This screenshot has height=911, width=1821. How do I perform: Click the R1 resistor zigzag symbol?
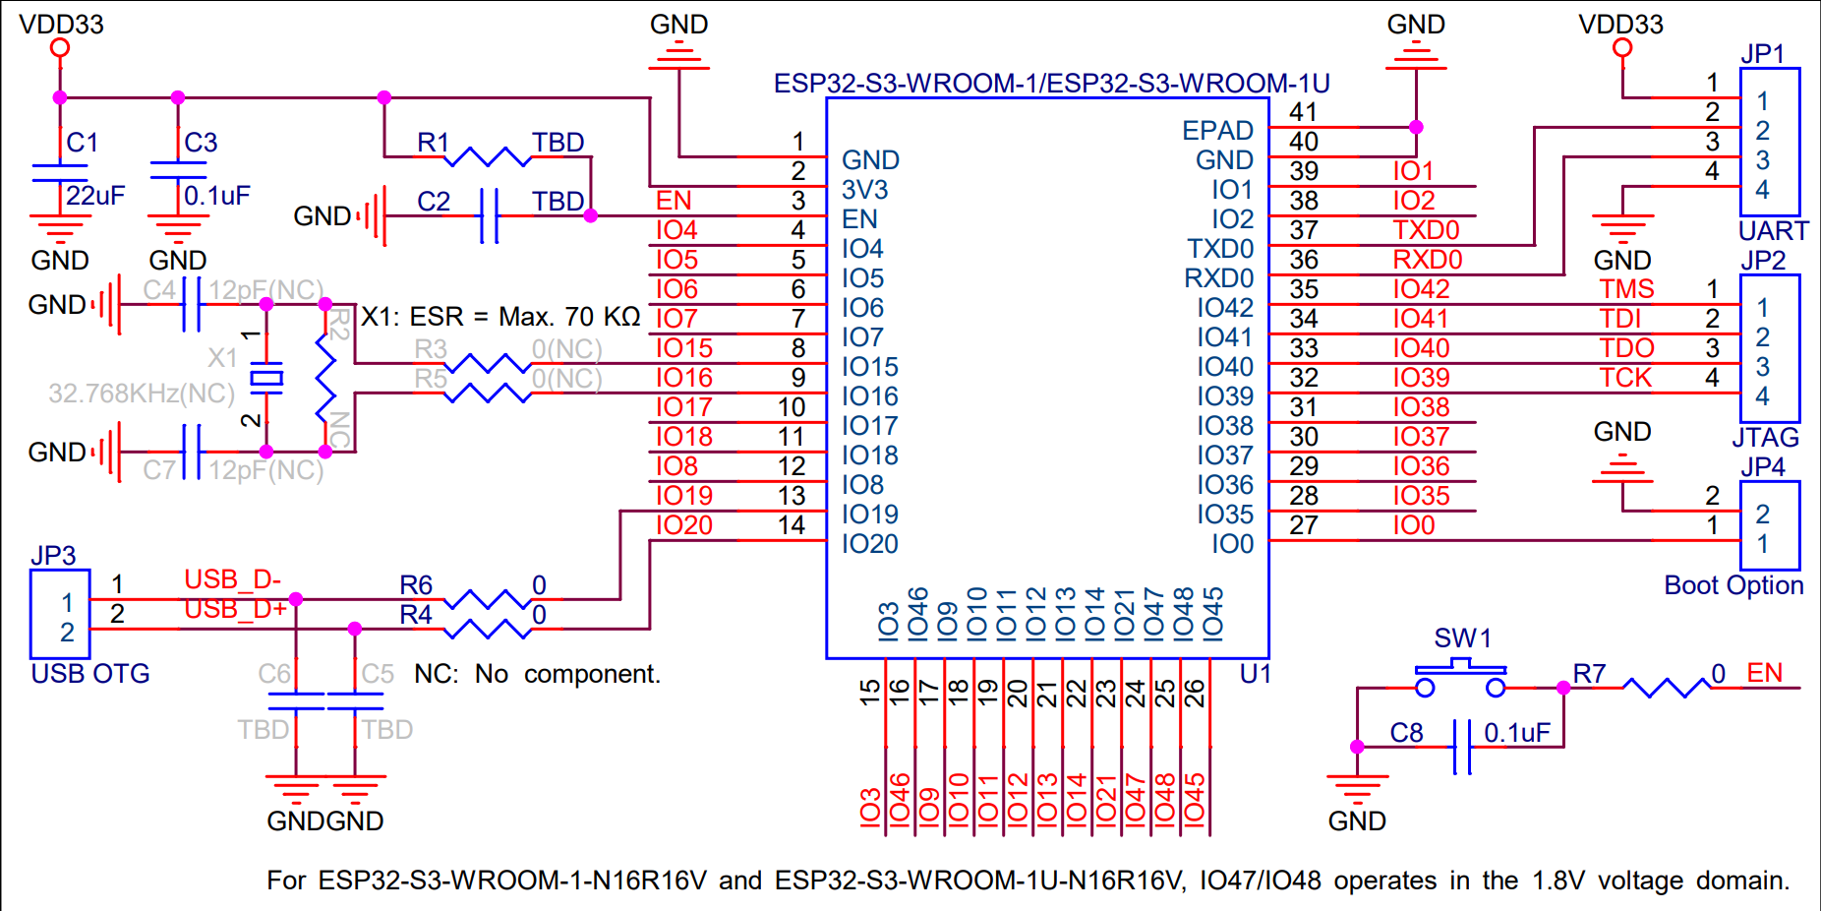point(490,156)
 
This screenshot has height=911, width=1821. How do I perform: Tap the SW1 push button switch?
point(1460,678)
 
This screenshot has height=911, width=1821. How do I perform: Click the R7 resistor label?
point(1589,674)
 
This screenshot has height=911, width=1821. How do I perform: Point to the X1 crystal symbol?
point(265,378)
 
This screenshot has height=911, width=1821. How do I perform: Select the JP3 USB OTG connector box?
point(60,615)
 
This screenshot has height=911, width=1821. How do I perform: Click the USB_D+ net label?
point(235,610)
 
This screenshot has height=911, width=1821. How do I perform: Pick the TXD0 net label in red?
point(1426,230)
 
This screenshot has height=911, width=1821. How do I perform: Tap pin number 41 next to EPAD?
point(1303,112)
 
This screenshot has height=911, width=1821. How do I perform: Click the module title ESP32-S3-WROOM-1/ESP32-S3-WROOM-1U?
point(1051,84)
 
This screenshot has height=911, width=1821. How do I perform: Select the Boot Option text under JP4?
point(1733,585)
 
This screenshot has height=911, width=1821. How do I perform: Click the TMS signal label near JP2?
point(1626,289)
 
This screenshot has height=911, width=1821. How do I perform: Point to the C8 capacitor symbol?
point(1462,747)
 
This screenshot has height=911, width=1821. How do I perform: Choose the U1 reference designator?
point(1256,674)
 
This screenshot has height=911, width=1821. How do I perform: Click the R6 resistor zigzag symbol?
point(488,599)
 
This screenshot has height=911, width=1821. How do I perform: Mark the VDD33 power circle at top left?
point(60,47)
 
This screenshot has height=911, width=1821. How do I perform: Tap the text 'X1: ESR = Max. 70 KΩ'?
point(500,317)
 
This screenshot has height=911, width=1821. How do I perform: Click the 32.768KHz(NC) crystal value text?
point(142,394)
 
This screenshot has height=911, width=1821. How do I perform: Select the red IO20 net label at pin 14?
point(684,525)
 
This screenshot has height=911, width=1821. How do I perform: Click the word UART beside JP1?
point(1773,231)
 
